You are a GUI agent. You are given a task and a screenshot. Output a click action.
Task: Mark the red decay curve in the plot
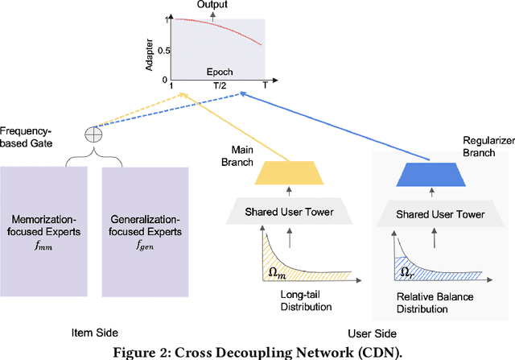tap(233, 29)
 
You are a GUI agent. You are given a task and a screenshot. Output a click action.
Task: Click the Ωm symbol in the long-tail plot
tap(276, 260)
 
